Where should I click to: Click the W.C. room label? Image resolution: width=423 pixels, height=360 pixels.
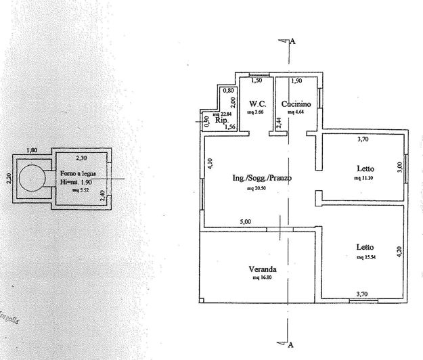click(257, 104)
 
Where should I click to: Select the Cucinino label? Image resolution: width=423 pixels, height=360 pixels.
click(296, 104)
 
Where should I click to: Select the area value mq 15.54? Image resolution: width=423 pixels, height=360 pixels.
click(366, 257)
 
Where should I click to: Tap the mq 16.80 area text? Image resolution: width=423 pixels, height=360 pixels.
click(263, 277)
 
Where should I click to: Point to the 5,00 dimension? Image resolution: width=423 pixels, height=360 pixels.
click(245, 221)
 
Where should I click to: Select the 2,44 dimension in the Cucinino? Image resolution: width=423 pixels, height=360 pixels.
click(279, 122)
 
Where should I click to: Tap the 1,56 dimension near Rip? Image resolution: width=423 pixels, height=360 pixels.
click(229, 127)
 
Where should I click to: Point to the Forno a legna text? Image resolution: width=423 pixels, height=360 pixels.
click(77, 174)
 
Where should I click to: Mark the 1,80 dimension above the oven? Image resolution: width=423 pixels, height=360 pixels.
click(32, 150)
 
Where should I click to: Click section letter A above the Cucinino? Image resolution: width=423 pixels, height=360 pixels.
click(293, 41)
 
